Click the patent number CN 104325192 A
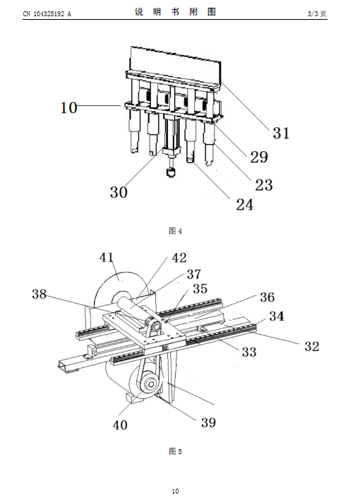[47, 13]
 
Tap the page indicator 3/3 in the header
[313, 13]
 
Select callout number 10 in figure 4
[68, 107]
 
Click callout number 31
[281, 133]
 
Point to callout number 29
[259, 157]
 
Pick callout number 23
[264, 184]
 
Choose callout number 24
[244, 204]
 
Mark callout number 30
[119, 192]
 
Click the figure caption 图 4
[175, 230]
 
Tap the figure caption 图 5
[175, 451]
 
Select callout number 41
[107, 257]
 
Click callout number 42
[179, 258]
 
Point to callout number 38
[40, 294]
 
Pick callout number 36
[268, 297]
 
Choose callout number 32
[311, 346]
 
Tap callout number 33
[249, 352]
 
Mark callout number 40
[120, 425]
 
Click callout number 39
[208, 422]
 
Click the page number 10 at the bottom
[175, 492]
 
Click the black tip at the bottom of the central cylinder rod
[172, 172]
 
